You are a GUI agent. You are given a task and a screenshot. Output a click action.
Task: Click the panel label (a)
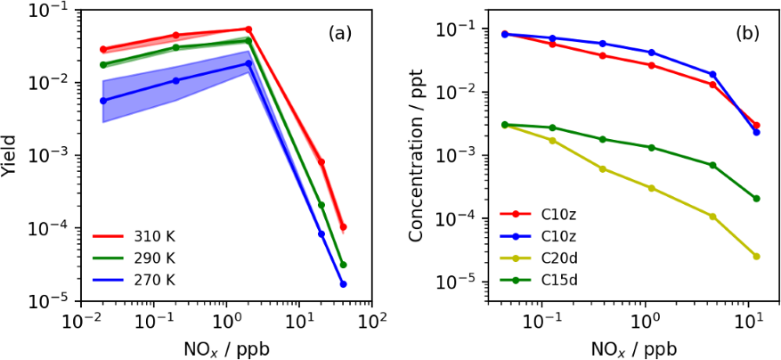tap(340, 34)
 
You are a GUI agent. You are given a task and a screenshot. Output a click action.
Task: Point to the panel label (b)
tap(746, 34)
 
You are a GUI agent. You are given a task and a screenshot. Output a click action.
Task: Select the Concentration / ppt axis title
tap(417, 155)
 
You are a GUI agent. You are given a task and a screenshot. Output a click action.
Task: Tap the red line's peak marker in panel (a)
tap(248, 29)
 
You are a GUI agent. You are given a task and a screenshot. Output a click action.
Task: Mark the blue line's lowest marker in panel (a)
tap(343, 283)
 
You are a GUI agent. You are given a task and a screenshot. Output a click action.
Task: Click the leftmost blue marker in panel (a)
tap(103, 101)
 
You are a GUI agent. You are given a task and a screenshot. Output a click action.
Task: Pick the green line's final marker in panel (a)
tap(343, 265)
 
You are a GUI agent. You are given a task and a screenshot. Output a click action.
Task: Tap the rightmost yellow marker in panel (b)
tap(756, 256)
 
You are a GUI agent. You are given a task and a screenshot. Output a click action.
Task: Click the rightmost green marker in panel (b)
tap(756, 199)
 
